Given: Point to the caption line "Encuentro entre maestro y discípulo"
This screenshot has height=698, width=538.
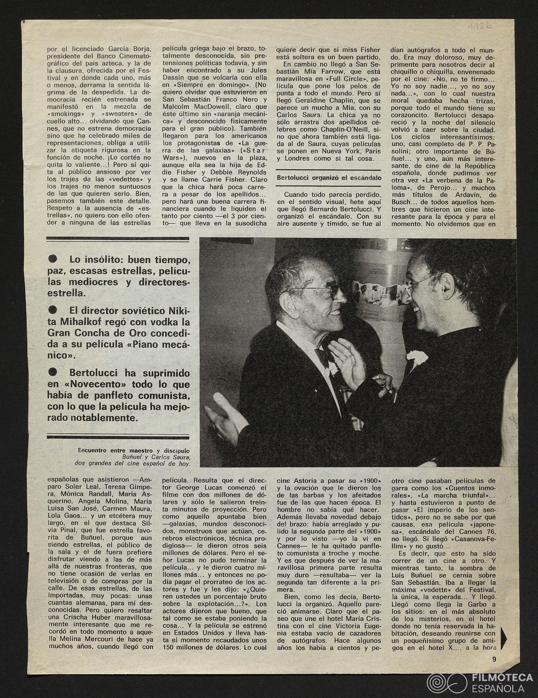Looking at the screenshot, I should pyautogui.click(x=134, y=450).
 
